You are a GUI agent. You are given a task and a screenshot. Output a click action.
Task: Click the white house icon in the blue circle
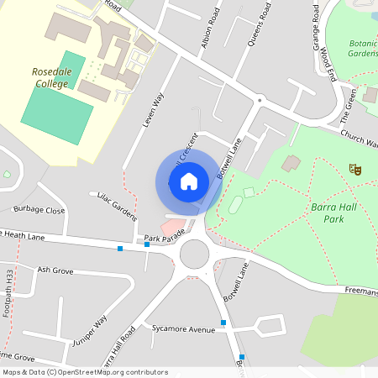point(189,181)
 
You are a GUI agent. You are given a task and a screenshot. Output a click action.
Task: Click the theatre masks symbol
point(356,170)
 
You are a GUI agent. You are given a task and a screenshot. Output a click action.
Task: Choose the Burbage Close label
point(39,210)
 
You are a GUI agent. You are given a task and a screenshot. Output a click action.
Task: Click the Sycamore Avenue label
point(179,329)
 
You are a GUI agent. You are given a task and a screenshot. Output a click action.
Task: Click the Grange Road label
point(318,25)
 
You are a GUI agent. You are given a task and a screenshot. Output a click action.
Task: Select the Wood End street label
point(328,63)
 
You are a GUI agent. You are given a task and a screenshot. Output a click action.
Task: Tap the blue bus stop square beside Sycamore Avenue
point(223,323)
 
